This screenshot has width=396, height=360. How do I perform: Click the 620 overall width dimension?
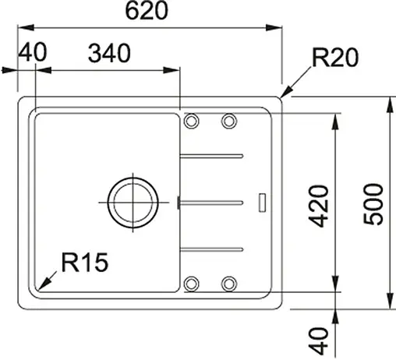point(148,12)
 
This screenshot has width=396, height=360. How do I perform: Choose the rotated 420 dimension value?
point(318,205)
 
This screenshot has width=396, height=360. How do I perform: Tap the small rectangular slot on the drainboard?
point(263,201)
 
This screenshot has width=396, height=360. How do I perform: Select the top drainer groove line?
point(213,156)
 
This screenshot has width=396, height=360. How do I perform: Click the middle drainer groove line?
point(213,202)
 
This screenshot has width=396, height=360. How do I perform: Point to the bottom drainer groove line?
point(213,249)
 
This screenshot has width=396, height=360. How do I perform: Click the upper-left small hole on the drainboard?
point(191,122)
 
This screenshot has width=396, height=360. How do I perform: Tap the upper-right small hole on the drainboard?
point(228,122)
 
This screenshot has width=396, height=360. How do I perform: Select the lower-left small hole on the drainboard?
point(191,283)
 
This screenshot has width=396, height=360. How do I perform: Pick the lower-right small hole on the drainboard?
point(228,283)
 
